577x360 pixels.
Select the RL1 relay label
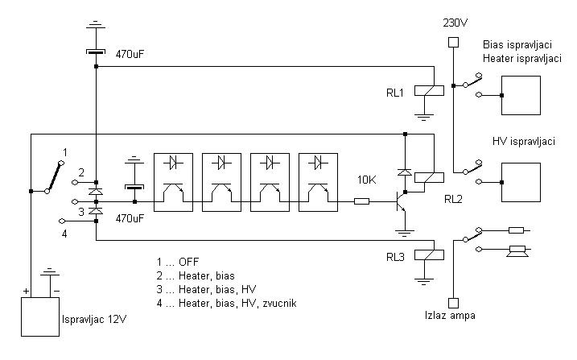coord(395,91)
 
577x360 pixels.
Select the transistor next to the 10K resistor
coord(399,201)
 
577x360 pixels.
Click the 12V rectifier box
coord(39,317)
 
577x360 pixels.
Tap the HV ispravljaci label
coord(524,141)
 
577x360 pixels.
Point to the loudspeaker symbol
coord(515,250)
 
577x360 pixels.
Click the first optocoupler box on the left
coord(172,182)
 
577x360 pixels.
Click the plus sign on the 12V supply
coord(27,290)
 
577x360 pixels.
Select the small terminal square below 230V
coord(452,42)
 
